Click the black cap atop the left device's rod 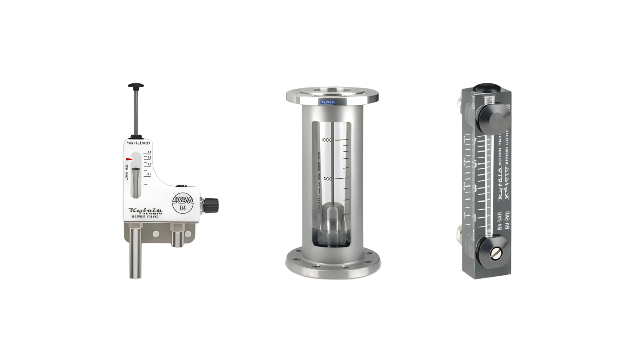click(x=136, y=86)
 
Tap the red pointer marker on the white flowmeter click(x=129, y=159)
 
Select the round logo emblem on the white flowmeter click(x=182, y=203)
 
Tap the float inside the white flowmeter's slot click(x=136, y=179)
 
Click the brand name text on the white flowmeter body click(x=145, y=210)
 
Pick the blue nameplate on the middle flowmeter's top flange click(x=327, y=102)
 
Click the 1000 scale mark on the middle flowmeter click(x=327, y=140)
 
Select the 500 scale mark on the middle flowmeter click(x=327, y=178)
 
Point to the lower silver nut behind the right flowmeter click(x=459, y=232)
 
